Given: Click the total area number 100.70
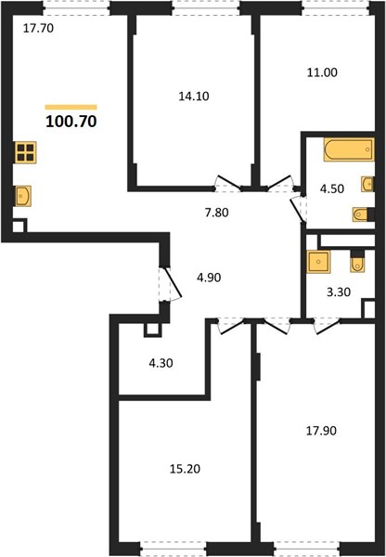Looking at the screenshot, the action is tap(71, 122).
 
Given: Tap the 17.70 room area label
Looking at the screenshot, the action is tap(38, 28).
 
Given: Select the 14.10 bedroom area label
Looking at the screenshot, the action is tap(194, 96).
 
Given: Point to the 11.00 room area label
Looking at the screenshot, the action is tap(322, 72).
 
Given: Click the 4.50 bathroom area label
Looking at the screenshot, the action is tap(332, 188).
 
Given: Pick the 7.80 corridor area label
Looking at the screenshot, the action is tap(216, 213).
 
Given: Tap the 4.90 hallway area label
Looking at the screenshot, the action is tap(209, 278).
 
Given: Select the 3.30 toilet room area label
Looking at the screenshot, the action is tap(339, 292).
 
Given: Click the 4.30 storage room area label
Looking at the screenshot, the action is tap(161, 363).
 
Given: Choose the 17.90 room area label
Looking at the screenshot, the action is tap(321, 431).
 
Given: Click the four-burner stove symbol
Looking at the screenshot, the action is tap(25, 152).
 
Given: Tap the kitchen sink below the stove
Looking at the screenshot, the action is tap(23, 196).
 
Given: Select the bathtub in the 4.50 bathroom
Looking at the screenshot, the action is tap(349, 149).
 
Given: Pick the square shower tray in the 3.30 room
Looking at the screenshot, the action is tap(318, 262).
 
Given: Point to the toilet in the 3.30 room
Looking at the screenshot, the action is tap(357, 262).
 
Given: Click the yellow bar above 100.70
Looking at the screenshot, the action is tap(71, 107).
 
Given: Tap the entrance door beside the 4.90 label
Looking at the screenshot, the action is tap(171, 284).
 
